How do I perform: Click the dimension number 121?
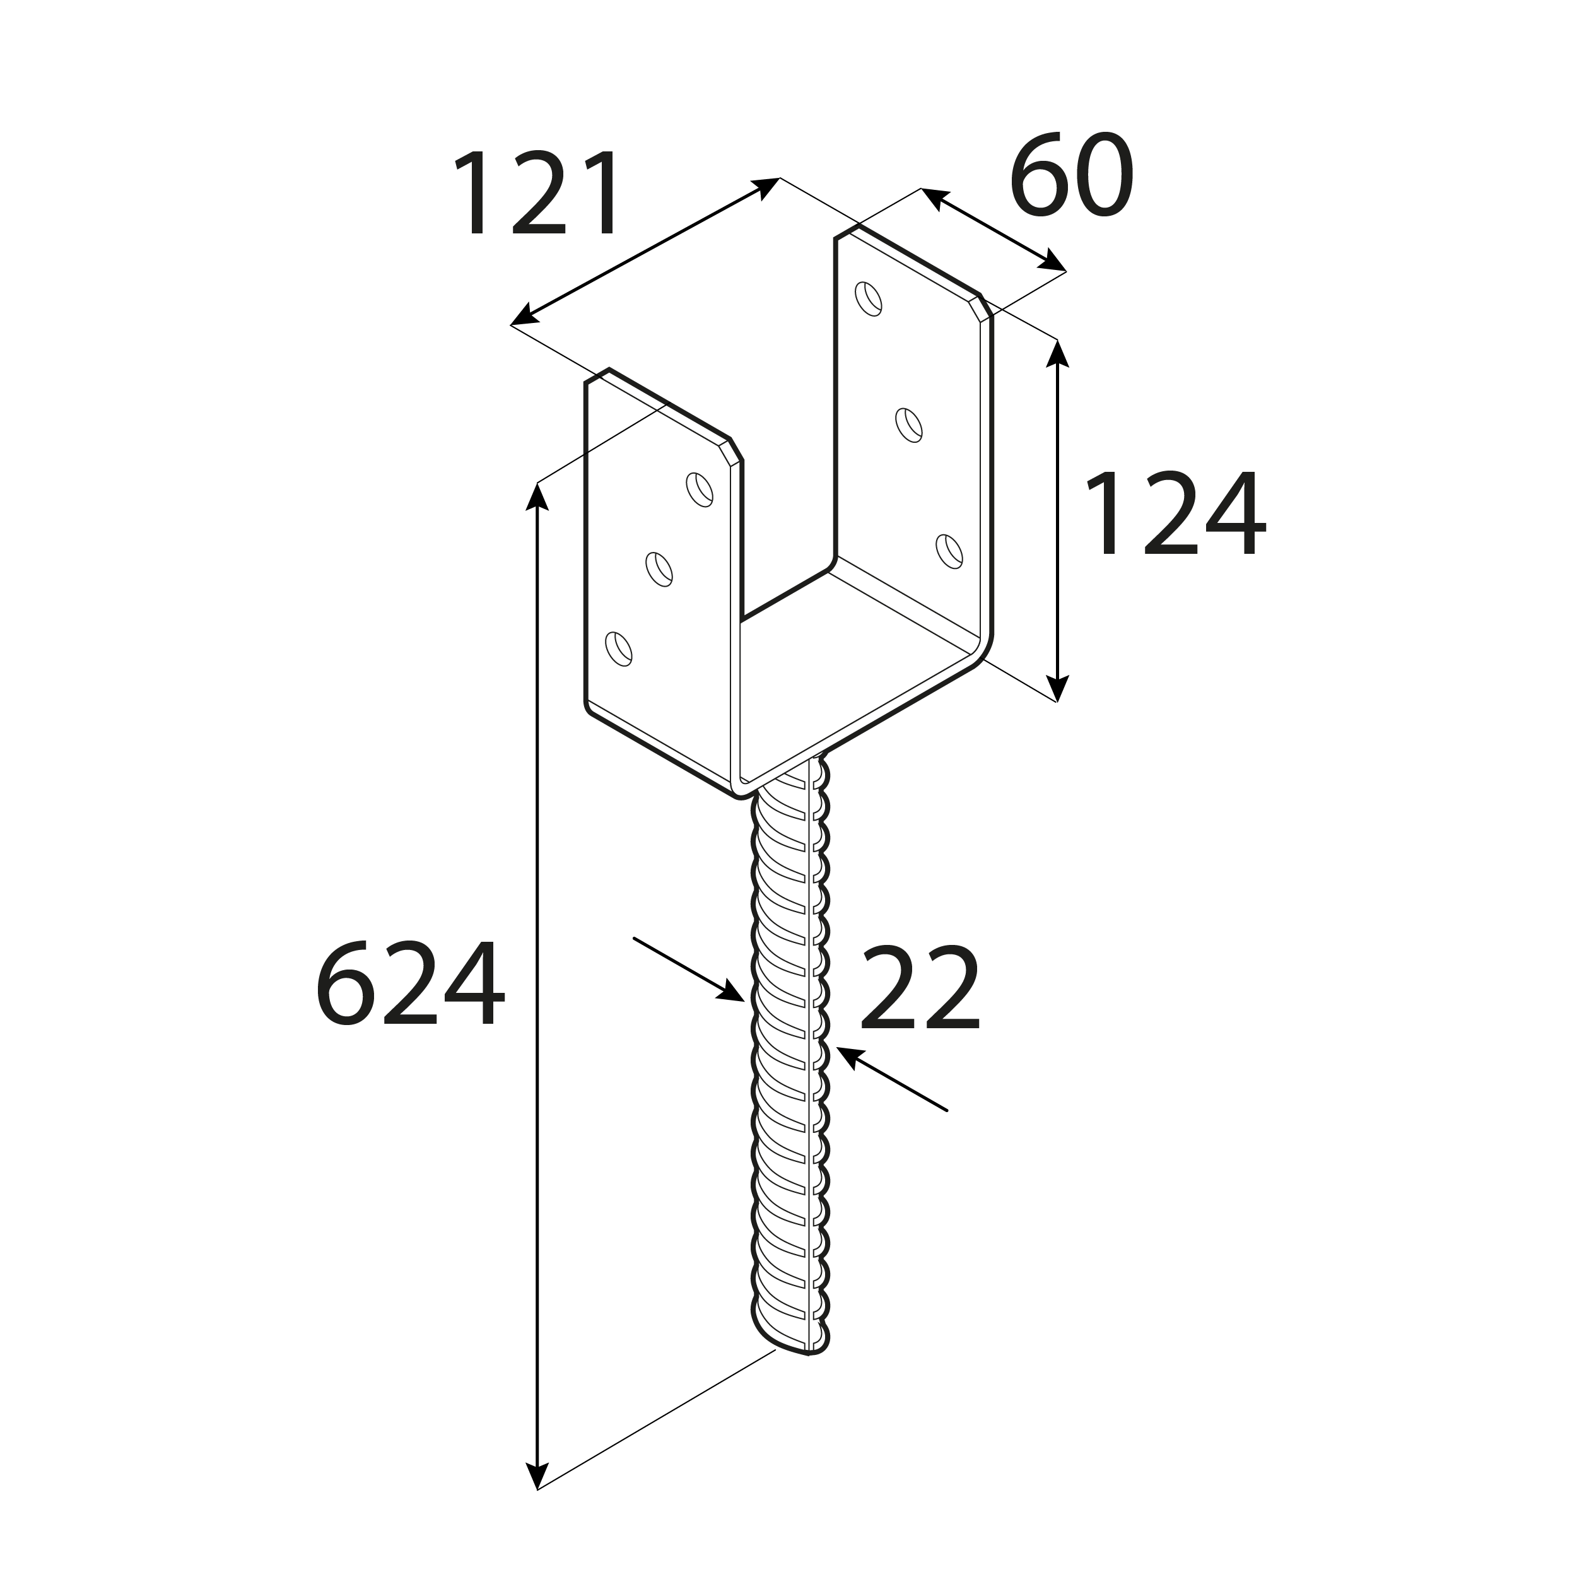[539, 194]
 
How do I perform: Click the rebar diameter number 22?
[919, 989]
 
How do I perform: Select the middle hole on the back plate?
[908, 425]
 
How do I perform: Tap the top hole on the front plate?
[700, 490]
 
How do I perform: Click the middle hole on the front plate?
[659, 569]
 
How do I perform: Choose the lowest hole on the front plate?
[619, 649]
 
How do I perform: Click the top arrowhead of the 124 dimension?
[1058, 353]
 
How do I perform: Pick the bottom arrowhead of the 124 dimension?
[1058, 688]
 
